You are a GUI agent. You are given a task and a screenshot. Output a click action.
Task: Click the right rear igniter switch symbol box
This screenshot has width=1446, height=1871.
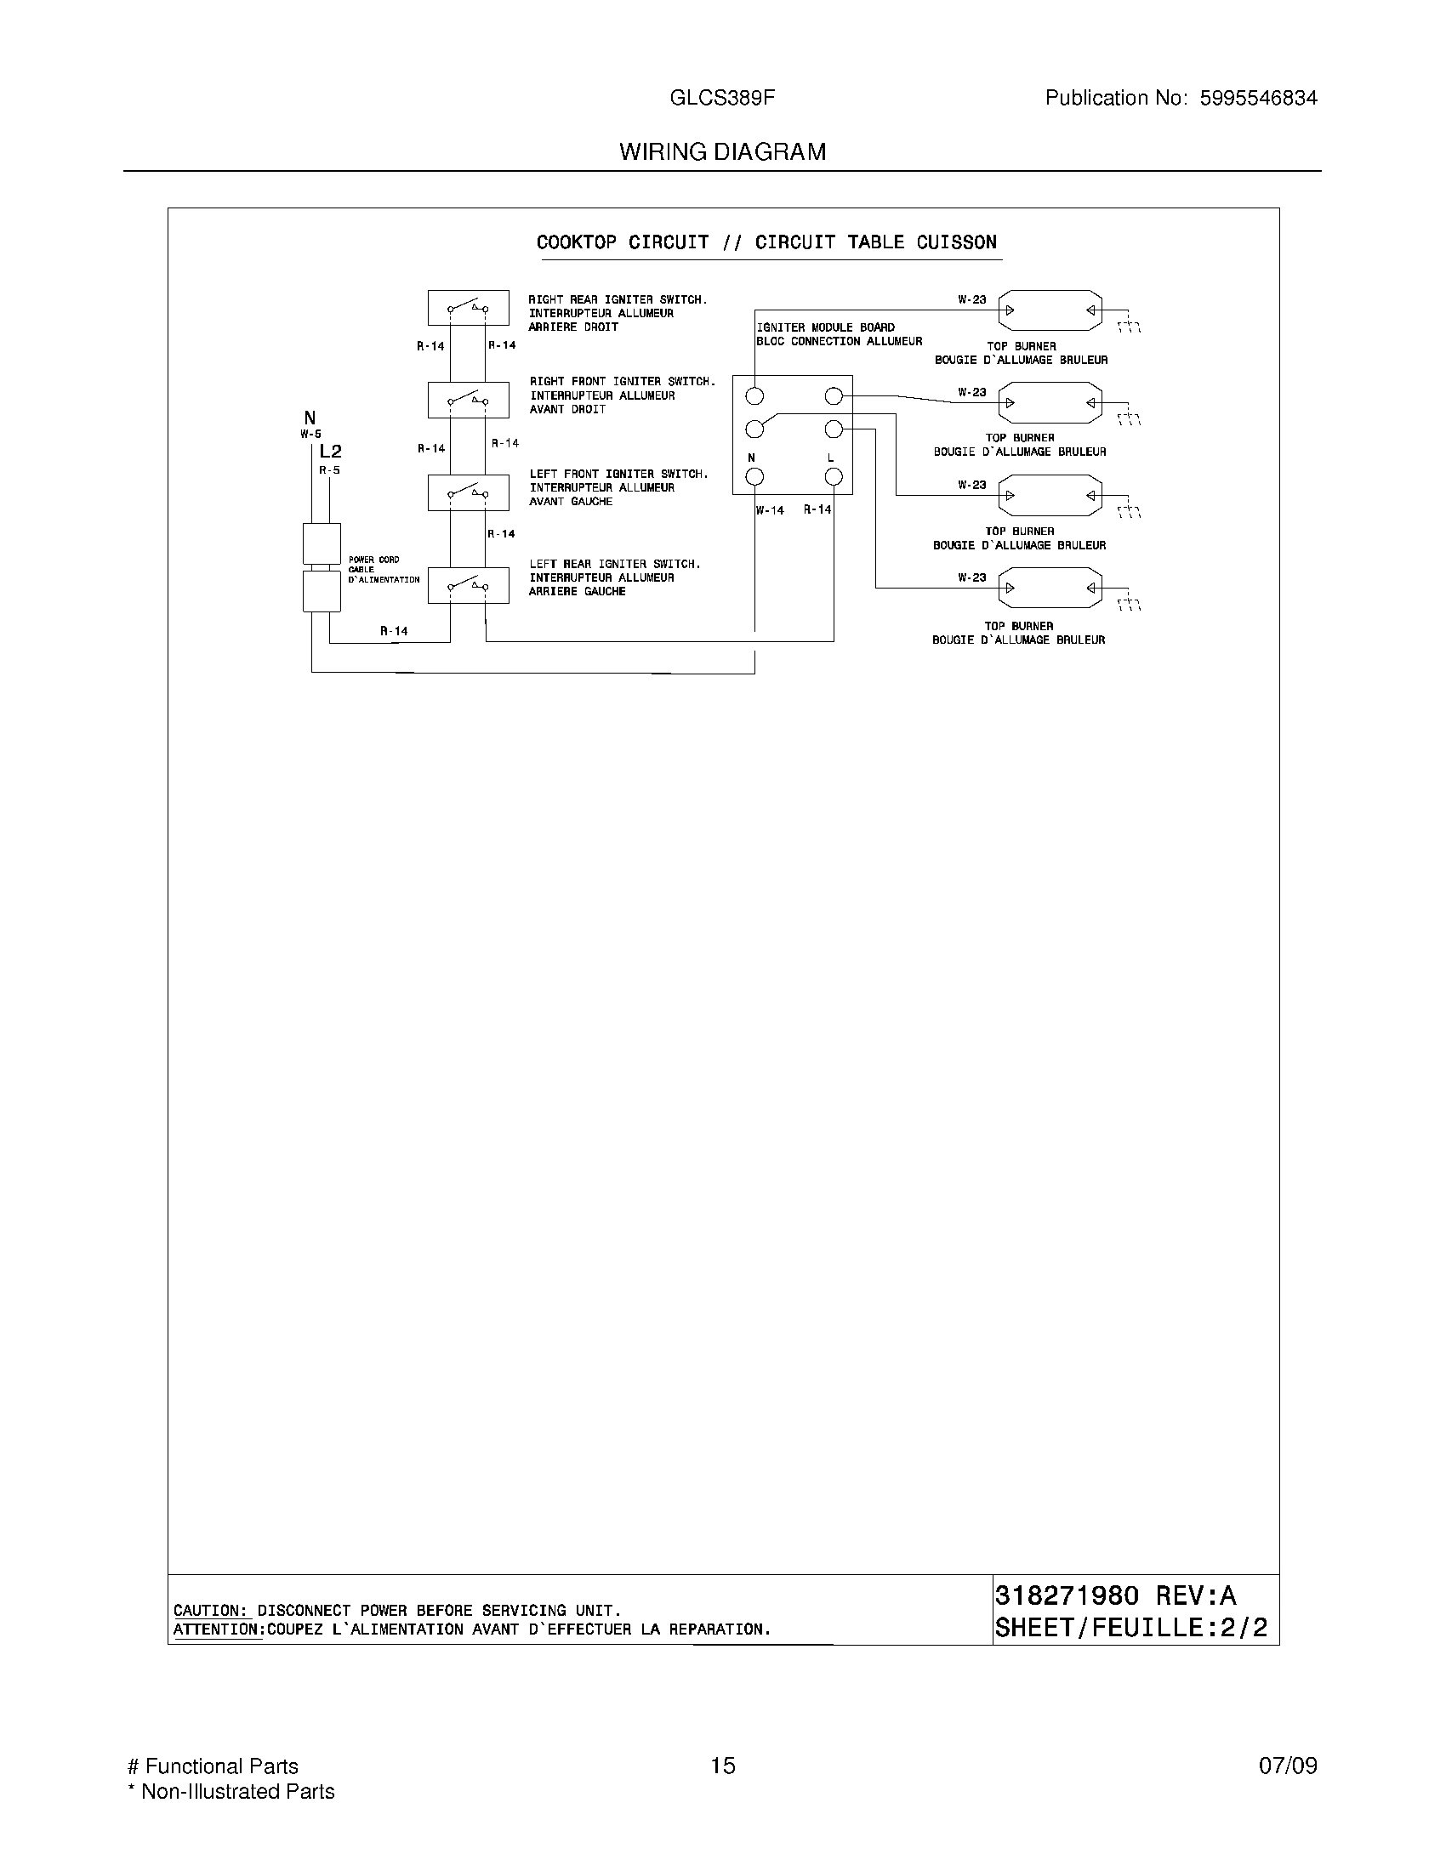[468, 307]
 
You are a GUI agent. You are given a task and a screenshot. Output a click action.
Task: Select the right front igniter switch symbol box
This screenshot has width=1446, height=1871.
[468, 399]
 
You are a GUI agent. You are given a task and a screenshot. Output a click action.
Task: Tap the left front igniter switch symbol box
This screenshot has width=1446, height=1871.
[468, 492]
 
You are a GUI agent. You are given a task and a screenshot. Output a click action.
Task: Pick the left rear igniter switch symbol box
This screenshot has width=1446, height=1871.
[468, 585]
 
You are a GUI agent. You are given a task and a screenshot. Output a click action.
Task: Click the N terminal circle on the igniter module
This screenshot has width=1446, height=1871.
[754, 477]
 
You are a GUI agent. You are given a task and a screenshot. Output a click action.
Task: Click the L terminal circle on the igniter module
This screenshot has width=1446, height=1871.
[833, 477]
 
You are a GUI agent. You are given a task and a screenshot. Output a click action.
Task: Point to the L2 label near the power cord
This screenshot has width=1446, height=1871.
[330, 452]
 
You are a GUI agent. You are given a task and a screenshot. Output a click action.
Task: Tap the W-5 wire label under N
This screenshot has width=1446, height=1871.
[310, 435]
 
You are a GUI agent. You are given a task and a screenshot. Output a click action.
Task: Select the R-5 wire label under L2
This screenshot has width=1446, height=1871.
[330, 470]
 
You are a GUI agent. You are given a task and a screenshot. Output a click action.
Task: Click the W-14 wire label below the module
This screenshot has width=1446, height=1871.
[770, 510]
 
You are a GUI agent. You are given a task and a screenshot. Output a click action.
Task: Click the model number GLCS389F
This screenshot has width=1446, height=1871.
[722, 98]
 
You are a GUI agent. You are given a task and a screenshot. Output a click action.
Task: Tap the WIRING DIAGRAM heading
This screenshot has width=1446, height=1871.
[722, 151]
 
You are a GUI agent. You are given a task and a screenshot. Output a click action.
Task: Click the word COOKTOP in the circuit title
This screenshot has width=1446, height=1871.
[576, 242]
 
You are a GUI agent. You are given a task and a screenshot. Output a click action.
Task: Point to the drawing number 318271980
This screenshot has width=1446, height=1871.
[1067, 1595]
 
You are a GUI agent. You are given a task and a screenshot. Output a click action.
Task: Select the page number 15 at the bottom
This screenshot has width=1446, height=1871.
[722, 1766]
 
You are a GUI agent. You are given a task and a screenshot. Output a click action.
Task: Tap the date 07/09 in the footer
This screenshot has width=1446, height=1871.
[1288, 1766]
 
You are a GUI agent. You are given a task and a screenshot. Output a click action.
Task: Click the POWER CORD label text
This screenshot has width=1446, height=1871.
[373, 560]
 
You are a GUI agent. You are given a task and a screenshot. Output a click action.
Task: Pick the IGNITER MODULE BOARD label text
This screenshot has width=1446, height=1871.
[825, 327]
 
